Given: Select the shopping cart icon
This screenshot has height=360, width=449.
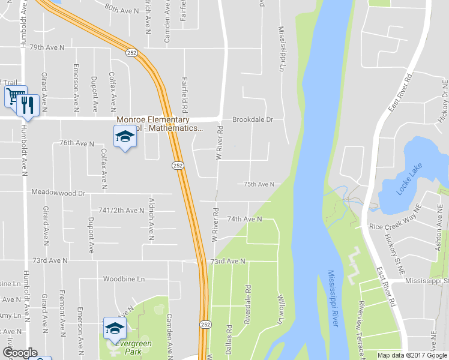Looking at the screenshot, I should [x=16, y=96].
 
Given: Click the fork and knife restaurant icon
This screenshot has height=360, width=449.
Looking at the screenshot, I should [x=28, y=105].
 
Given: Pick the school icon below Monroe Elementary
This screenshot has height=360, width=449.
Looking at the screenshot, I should [x=125, y=137].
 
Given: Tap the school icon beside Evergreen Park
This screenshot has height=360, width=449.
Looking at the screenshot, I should [x=114, y=328].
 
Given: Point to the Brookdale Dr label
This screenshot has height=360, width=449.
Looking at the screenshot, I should [x=253, y=119].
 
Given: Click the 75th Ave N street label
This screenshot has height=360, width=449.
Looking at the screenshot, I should [x=259, y=184].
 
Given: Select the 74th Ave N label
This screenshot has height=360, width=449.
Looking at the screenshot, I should [x=244, y=220].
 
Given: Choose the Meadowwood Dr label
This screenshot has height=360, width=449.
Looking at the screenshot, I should [x=58, y=193].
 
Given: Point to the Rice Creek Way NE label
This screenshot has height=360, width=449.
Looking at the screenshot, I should [x=396, y=227].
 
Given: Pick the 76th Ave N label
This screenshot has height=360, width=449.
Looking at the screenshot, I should [x=77, y=143].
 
